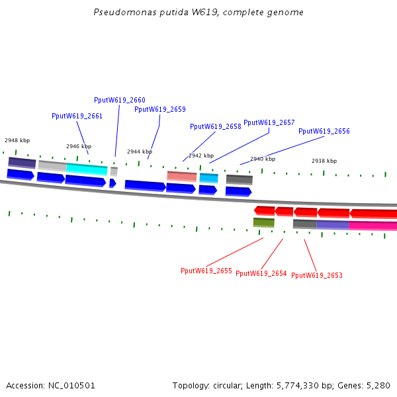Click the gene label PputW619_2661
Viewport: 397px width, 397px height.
tap(77, 116)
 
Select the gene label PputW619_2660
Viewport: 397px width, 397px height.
tap(120, 100)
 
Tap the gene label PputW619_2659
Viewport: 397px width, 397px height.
tap(160, 109)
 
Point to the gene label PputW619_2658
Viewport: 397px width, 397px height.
tap(216, 126)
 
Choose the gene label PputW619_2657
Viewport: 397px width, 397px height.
tap(269, 122)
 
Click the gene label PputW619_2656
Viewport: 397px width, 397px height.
tap(324, 131)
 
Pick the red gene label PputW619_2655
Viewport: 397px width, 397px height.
tap(206, 271)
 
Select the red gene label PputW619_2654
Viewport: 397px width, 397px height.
tap(261, 273)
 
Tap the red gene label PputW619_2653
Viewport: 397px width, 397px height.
tap(317, 275)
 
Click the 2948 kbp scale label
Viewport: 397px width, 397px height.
tap(17, 140)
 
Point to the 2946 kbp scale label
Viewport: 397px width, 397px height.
tap(79, 146)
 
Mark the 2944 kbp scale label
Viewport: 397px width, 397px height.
tap(140, 152)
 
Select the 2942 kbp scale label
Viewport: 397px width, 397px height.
tap(201, 155)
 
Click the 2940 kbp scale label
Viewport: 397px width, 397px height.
tap(263, 159)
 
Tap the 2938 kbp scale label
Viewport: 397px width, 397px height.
tap(324, 161)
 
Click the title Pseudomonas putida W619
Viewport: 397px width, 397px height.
tap(198, 13)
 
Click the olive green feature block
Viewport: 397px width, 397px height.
tap(263, 222)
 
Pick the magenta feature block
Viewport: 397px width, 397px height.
tap(373, 226)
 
